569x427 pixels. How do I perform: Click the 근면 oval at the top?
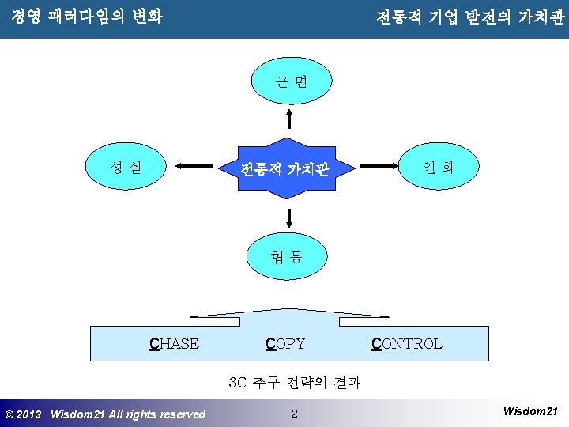291,83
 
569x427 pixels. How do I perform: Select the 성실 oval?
126,167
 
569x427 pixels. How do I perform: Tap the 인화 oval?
439,167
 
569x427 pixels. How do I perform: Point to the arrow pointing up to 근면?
289,119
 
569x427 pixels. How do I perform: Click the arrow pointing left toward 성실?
198,167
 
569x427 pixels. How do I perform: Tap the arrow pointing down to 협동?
289,217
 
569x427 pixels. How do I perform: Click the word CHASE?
175,343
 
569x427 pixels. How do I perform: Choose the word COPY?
285,343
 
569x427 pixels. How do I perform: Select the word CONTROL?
406,343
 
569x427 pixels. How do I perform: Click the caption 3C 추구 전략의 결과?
294,383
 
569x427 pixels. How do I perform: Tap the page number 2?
294,413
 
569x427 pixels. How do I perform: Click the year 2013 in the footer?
29,414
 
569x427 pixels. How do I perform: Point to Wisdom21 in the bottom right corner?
530,411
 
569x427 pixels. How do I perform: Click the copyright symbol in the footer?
9,414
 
